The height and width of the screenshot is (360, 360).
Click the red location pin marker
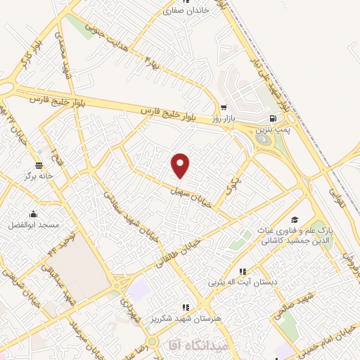[181, 165]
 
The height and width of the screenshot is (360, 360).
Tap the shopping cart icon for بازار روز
[224, 108]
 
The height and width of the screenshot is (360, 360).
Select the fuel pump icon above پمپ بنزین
[273, 119]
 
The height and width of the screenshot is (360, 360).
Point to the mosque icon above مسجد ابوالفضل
[33, 214]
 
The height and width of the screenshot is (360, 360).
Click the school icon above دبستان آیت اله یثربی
[243, 271]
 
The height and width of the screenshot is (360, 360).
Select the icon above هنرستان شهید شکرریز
[186, 307]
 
